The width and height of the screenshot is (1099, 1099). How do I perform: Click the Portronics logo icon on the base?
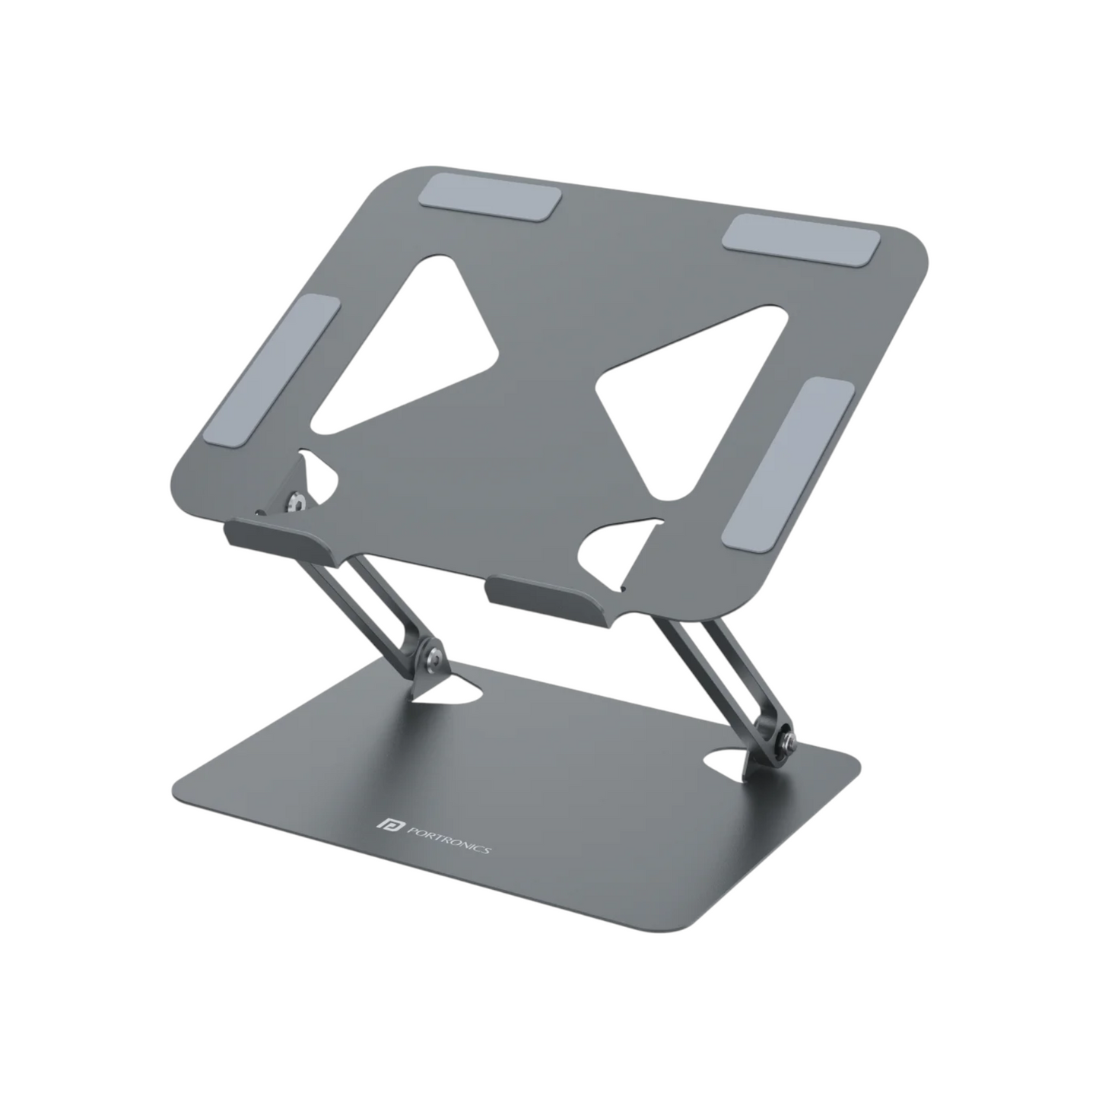(x=383, y=825)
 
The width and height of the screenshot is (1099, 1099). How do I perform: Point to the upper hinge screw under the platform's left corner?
(x=294, y=503)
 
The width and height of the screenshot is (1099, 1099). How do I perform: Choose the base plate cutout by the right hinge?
(x=732, y=762)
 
